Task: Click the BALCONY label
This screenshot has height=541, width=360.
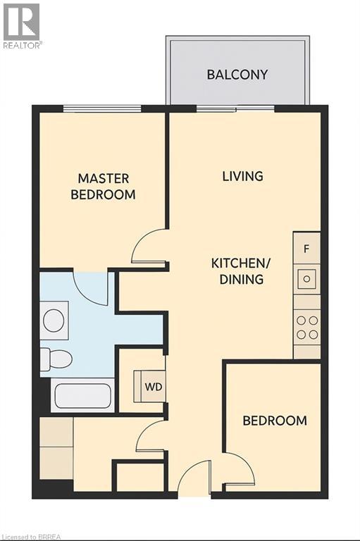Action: pyautogui.click(x=237, y=75)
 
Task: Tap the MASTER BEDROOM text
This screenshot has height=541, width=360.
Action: pyautogui.click(x=103, y=187)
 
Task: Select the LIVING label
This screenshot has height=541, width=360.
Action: pyautogui.click(x=242, y=176)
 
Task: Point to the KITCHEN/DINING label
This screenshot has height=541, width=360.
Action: pyautogui.click(x=241, y=271)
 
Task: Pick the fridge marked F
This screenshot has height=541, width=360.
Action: pyautogui.click(x=306, y=249)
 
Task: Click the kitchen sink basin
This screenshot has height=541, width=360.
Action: pyautogui.click(x=306, y=279)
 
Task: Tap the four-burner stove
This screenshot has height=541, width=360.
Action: pyautogui.click(x=306, y=327)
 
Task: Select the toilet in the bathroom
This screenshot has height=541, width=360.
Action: pyautogui.click(x=56, y=359)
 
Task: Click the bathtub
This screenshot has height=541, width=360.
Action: pyautogui.click(x=82, y=397)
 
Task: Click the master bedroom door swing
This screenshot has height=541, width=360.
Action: pyautogui.click(x=149, y=247)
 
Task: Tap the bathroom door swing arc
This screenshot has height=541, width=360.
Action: pyautogui.click(x=91, y=287)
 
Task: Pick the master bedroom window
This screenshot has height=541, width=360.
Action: pyautogui.click(x=102, y=108)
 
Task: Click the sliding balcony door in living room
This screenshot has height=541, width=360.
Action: pyautogui.click(x=235, y=108)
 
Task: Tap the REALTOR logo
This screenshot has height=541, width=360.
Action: pyautogui.click(x=22, y=25)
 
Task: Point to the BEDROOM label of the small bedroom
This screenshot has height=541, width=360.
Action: pyautogui.click(x=275, y=421)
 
